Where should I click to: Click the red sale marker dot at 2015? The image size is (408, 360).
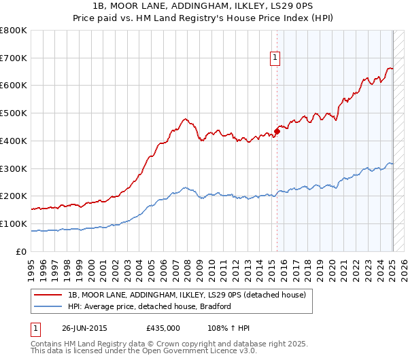pyautogui.click(x=277, y=130)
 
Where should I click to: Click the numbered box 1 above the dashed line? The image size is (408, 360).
pyautogui.click(x=275, y=58)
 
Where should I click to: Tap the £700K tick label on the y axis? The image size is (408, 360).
pyautogui.click(x=14, y=58)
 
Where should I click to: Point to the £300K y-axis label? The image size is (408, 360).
pyautogui.click(x=14, y=168)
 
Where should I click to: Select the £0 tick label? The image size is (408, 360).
pyautogui.click(x=22, y=251)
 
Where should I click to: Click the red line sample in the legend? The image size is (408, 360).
pyautogui.click(x=49, y=295)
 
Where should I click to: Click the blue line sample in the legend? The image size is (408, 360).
pyautogui.click(x=49, y=306)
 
